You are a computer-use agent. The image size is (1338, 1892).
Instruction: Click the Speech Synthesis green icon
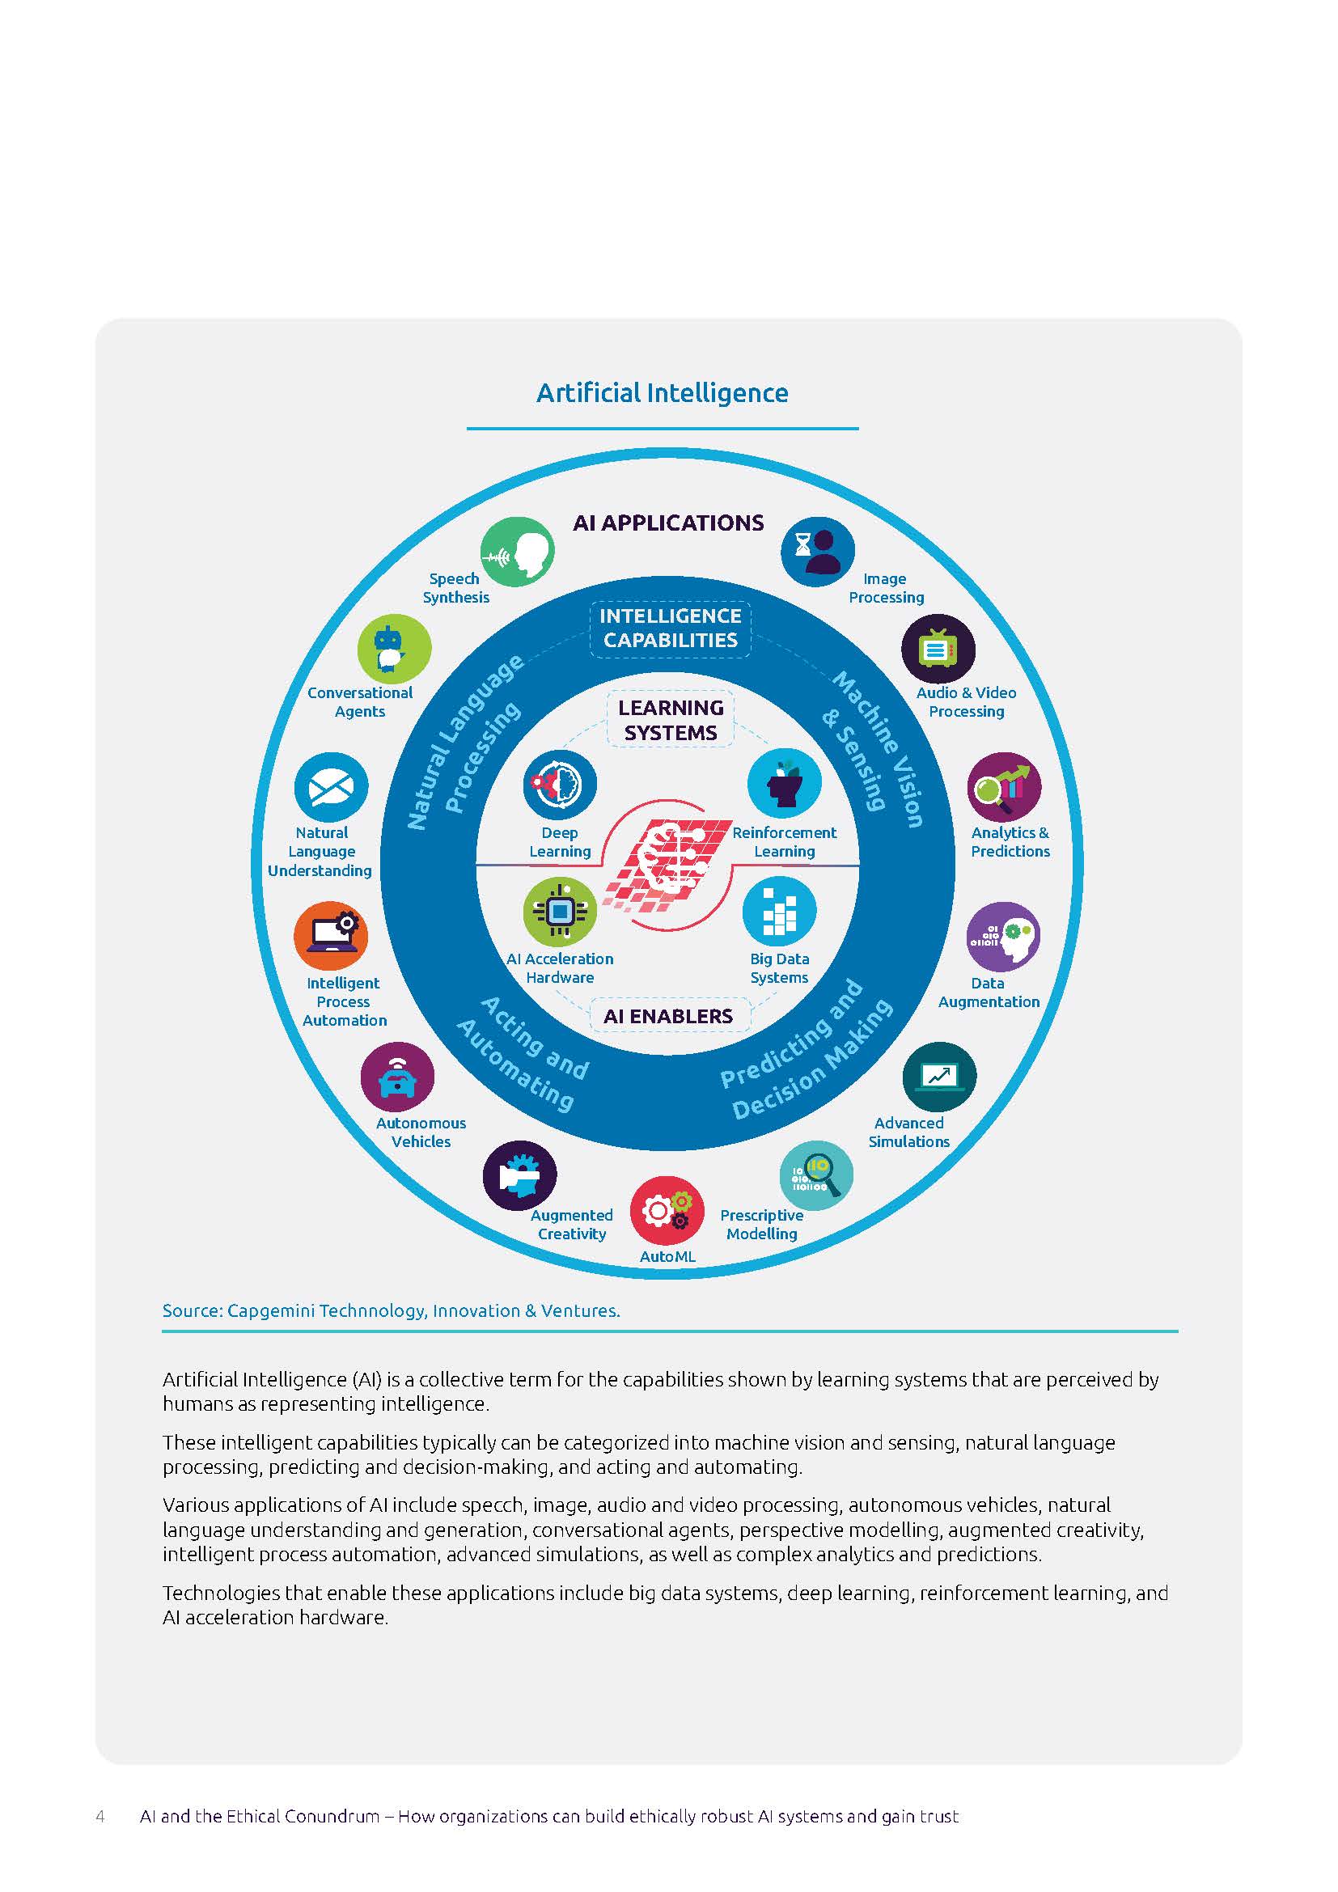[518, 552]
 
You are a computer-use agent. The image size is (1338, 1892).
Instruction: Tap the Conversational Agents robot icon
[394, 650]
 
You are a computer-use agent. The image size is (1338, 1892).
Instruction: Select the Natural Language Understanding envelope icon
[331, 789]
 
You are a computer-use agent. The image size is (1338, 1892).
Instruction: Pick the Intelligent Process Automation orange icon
[331, 937]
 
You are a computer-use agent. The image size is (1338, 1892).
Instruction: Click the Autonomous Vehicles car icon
[398, 1077]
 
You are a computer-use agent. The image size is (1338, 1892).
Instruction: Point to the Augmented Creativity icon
[520, 1176]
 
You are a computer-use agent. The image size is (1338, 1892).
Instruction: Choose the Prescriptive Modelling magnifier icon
[816, 1176]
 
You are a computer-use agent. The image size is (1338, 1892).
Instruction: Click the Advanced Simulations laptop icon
[939, 1076]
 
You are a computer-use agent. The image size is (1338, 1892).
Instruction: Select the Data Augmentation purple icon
[1002, 937]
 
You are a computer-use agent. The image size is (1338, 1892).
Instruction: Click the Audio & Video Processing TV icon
[938, 650]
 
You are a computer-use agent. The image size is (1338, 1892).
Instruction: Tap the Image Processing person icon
[817, 552]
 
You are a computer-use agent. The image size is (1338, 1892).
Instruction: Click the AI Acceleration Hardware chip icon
[561, 912]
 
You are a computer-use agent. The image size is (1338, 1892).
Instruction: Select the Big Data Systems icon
[779, 912]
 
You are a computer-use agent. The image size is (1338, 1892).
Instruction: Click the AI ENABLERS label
[668, 1016]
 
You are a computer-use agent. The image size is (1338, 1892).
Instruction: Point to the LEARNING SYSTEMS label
[671, 720]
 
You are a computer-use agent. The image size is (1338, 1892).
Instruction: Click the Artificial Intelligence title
[663, 393]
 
